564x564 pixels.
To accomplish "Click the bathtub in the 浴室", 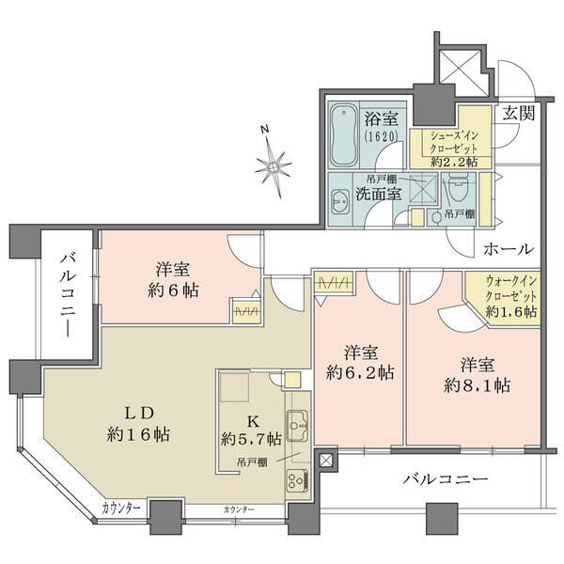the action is (344, 135).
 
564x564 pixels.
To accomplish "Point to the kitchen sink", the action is (297, 426).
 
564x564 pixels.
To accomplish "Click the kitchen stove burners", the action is (297, 479).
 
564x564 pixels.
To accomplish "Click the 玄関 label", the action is (518, 114).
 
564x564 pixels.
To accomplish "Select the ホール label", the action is (509, 249).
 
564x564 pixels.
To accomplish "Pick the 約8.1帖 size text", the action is (477, 386).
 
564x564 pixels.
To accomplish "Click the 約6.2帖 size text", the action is (360, 373).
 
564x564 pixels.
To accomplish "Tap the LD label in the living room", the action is (139, 414).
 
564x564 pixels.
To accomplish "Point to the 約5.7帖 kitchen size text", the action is (251, 439).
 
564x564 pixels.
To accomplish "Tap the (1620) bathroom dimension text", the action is (381, 136).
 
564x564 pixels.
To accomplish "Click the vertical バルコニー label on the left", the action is (68, 295).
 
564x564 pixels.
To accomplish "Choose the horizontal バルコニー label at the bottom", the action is (446, 479).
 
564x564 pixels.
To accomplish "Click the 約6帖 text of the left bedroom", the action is (173, 290).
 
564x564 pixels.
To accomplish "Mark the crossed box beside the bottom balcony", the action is (326, 461).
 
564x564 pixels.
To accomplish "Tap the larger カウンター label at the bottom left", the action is (121, 509).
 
